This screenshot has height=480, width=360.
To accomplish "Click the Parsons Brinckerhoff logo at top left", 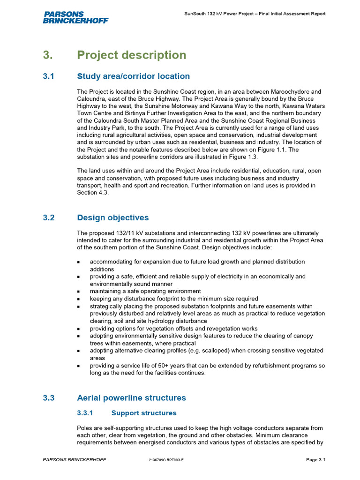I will click(75, 17).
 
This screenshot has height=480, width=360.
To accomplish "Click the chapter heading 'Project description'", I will click(132, 55).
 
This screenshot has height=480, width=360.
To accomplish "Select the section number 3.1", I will click(49, 76).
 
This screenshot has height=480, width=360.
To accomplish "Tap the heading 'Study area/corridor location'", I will click(134, 76).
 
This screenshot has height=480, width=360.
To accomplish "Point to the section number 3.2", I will click(49, 218).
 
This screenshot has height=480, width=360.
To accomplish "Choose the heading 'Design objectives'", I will click(113, 218).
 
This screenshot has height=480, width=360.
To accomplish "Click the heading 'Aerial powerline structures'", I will click(131, 398).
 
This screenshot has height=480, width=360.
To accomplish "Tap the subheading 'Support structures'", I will click(144, 413).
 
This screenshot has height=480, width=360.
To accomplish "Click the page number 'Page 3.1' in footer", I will click(316, 460).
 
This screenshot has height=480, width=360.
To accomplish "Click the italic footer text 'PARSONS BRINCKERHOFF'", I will click(74, 460).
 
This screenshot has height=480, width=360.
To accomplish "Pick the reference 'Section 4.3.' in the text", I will click(93, 193).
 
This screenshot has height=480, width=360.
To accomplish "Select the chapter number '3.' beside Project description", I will click(49, 55).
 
